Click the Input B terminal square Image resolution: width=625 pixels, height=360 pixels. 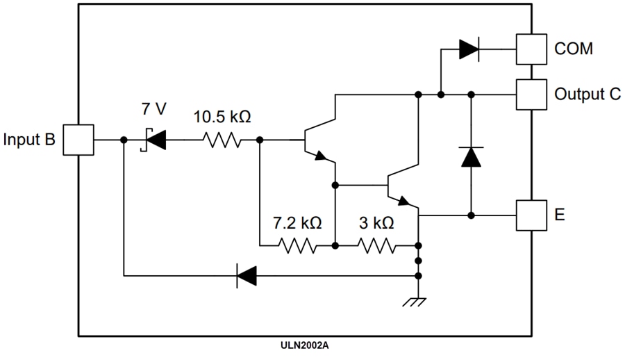79,140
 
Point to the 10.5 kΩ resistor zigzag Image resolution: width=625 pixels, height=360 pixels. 222,140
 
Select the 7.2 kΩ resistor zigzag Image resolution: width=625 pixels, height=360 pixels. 297,245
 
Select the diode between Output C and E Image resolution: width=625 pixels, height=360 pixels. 472,156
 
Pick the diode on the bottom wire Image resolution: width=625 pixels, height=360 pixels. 247,276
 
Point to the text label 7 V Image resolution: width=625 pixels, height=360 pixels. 154,109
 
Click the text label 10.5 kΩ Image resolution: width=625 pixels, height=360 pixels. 222,117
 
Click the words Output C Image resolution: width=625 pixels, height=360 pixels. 587,95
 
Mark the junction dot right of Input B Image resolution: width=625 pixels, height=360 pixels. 124,140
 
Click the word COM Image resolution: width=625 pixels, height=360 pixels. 574,49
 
